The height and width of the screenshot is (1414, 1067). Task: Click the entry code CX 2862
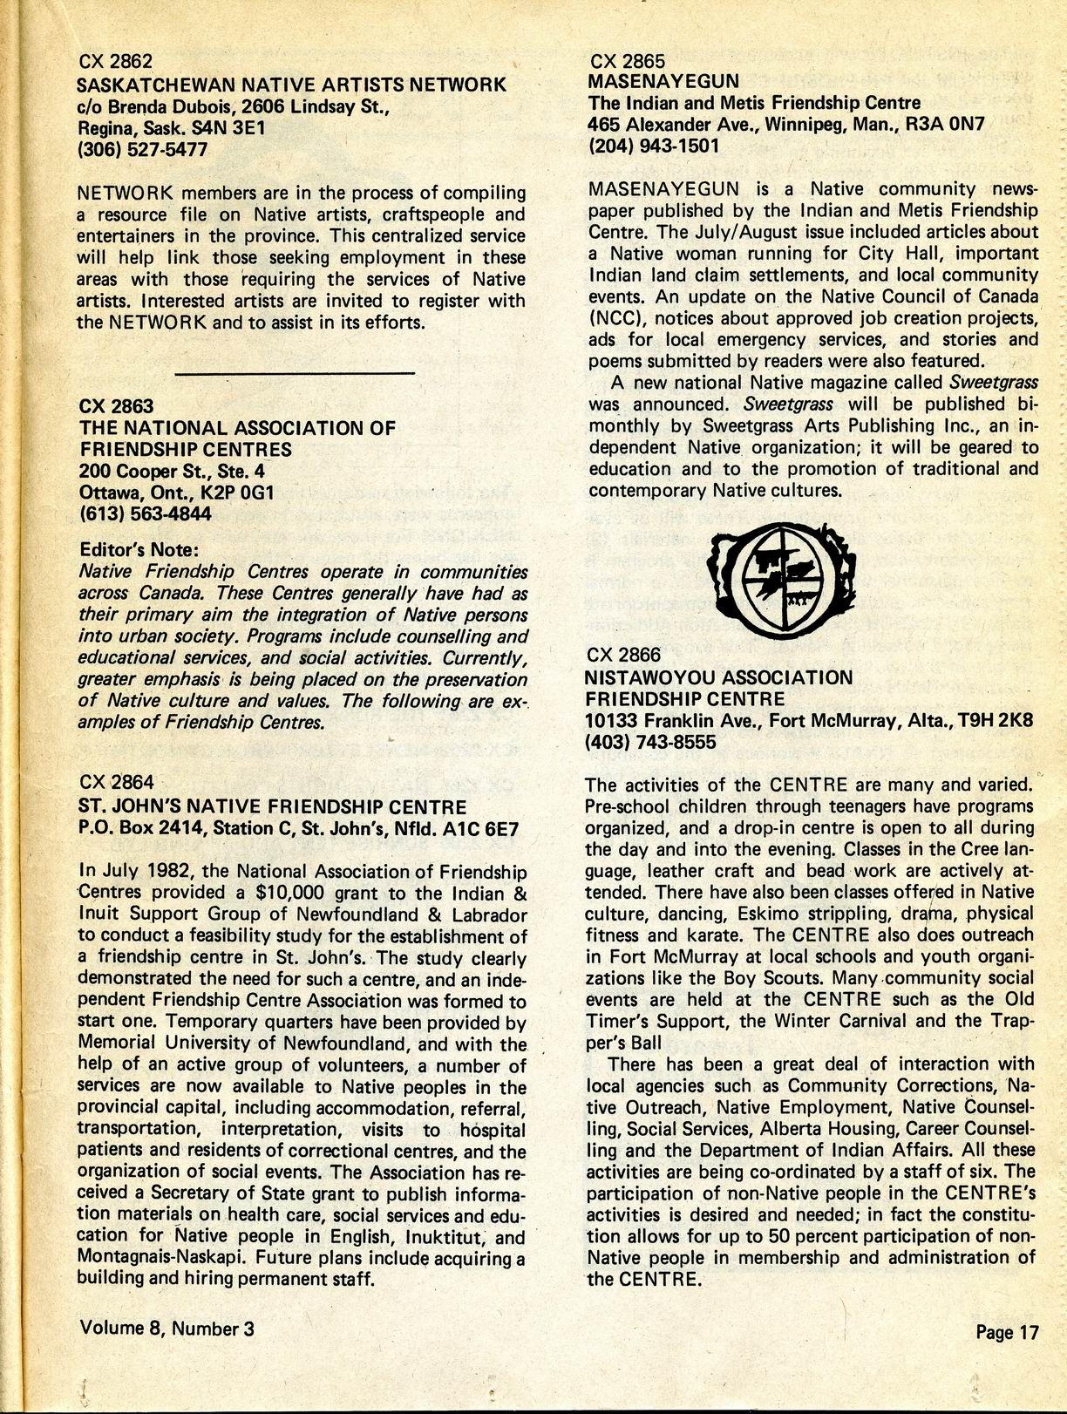[115, 62]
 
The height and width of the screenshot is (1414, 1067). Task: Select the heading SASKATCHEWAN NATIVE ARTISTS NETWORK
[291, 85]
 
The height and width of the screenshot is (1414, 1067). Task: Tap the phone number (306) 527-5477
[142, 149]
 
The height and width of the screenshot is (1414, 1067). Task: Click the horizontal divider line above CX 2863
[296, 373]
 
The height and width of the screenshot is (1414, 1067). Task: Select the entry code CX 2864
[116, 783]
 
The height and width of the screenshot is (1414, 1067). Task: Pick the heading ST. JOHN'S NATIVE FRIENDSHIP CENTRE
[273, 807]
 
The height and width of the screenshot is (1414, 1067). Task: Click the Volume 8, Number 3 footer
[167, 1328]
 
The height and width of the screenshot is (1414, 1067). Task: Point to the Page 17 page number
[1007, 1332]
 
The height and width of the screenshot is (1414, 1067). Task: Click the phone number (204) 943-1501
[654, 146]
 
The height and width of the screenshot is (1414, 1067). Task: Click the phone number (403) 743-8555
[650, 742]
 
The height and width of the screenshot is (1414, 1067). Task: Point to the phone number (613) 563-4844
[145, 514]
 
